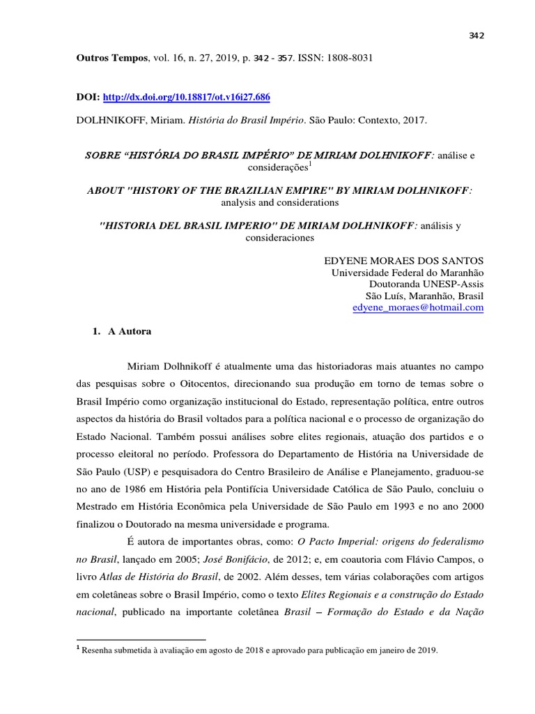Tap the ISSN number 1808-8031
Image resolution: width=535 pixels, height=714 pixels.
click(350, 59)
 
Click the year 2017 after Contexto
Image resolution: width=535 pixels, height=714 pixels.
click(415, 120)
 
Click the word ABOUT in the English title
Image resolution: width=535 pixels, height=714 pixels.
click(102, 190)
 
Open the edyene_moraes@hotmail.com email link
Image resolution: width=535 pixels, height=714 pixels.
click(418, 307)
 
